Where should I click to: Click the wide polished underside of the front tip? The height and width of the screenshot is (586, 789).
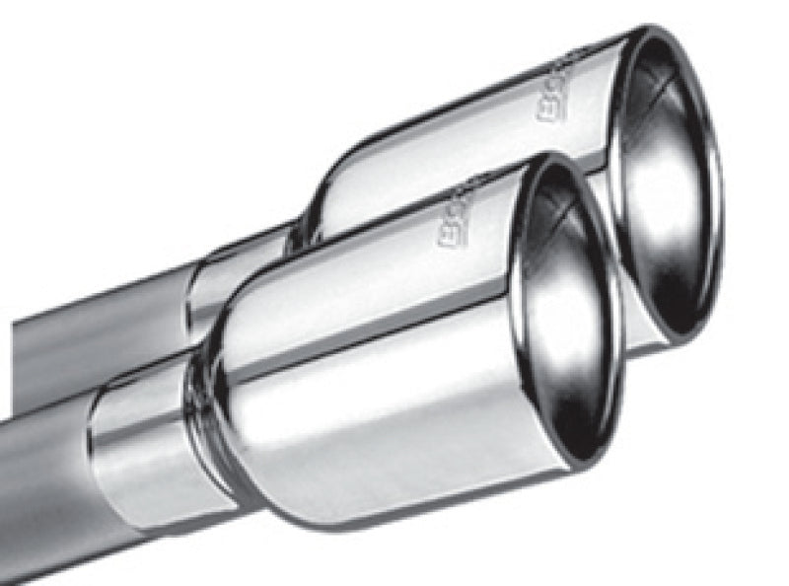394,434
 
